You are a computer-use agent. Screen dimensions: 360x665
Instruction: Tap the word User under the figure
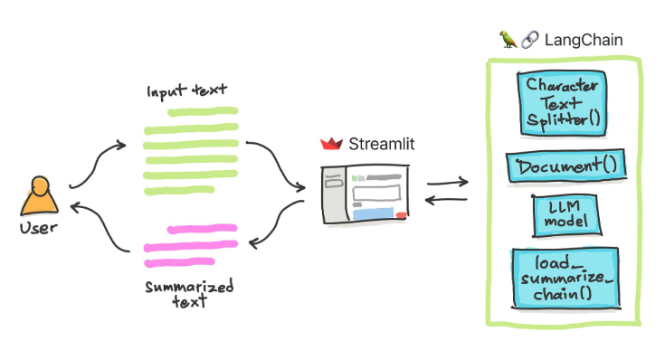(39, 228)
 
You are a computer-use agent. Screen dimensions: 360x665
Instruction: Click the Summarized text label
(189, 293)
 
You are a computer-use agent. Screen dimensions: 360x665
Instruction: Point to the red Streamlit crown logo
(331, 144)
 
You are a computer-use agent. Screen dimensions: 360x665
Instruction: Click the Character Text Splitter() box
(562, 102)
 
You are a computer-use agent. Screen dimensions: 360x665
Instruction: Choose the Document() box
(562, 167)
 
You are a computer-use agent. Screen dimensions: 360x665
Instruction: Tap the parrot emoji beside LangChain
(508, 41)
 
